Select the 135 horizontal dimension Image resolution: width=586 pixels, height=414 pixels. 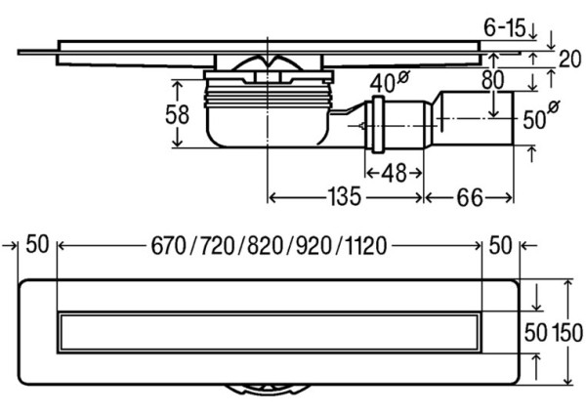pos(345,197)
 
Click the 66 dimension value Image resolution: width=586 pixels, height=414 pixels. pos(469,197)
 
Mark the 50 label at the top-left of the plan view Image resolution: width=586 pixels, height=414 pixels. pos(38,245)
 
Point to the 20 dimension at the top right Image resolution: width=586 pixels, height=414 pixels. pos(569,59)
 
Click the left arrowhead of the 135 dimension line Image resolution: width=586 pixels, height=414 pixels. pos(272,197)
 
